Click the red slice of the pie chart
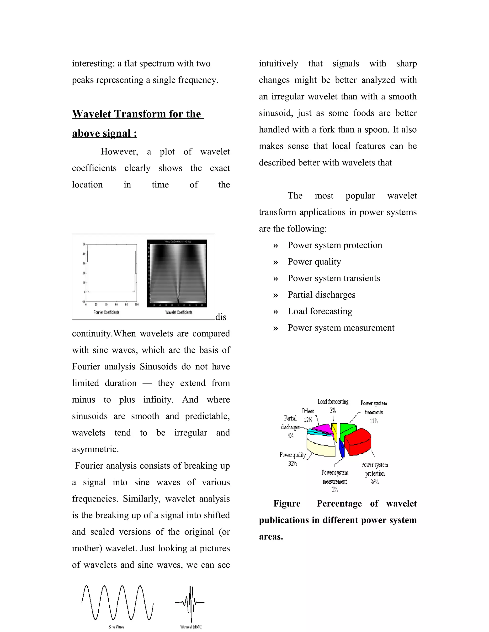[x=359, y=442]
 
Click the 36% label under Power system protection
[x=374, y=482]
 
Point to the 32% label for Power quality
[x=292, y=463]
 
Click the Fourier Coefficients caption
[x=106, y=312]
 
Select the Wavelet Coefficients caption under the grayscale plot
[x=179, y=312]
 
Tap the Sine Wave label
[x=116, y=627]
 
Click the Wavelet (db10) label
[x=191, y=627]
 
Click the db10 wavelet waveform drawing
[x=190, y=602]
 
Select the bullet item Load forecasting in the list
[x=320, y=311]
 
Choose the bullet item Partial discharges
[x=321, y=295]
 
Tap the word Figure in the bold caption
[x=287, y=503]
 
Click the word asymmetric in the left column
[x=95, y=449]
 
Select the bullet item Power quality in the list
[x=314, y=262]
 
